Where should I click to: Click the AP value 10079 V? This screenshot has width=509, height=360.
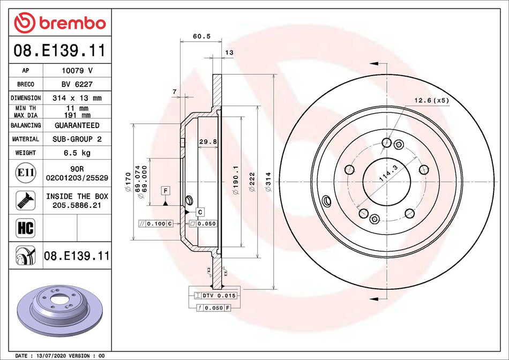[77, 70]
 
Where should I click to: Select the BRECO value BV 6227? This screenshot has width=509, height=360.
[77, 84]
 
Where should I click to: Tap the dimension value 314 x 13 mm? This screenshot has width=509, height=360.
[77, 98]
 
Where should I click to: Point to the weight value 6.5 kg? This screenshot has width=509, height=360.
[77, 153]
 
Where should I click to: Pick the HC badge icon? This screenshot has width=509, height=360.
[26, 227]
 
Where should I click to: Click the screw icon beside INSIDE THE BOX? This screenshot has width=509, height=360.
[26, 200]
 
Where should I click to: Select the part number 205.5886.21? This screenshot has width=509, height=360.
[77, 205]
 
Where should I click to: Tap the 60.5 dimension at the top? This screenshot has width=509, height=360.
[201, 36]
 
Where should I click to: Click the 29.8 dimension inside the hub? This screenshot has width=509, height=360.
[207, 141]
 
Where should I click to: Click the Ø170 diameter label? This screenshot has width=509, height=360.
[128, 182]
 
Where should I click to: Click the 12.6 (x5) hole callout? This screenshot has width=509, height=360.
[431, 100]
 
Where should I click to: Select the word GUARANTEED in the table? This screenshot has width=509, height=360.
[77, 125]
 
